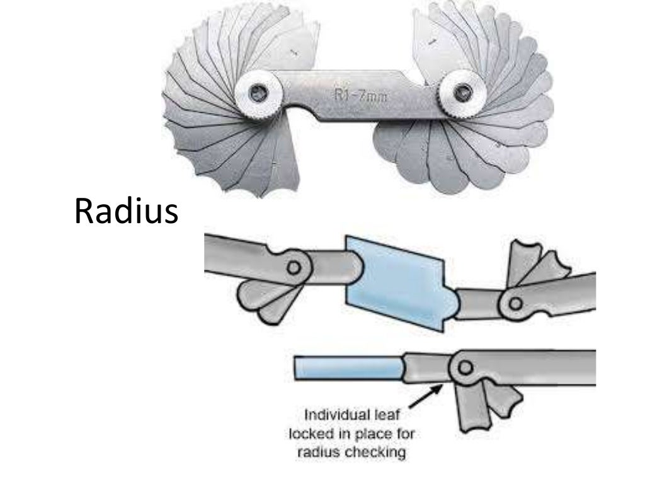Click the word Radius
[126, 212]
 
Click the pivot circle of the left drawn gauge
[292, 266]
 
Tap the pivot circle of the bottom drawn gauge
[465, 366]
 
